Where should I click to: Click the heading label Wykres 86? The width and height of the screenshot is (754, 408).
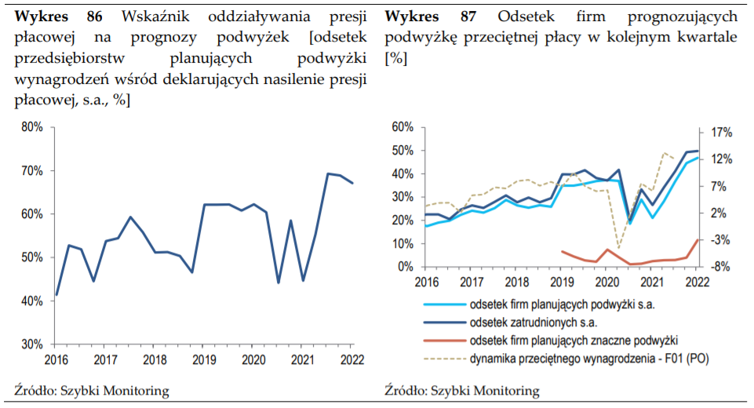pos(58,16)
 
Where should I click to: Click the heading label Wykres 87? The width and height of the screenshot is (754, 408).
pos(428,16)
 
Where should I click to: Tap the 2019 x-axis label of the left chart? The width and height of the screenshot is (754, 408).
pos(203,359)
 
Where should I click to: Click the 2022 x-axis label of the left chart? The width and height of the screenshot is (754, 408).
pos(352,359)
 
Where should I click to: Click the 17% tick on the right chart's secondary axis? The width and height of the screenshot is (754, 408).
pos(722,132)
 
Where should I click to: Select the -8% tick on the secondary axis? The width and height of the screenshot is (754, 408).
pos(722,267)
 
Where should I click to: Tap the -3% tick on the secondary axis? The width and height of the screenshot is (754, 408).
pos(722,240)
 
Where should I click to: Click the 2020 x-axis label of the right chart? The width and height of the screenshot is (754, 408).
pos(606,282)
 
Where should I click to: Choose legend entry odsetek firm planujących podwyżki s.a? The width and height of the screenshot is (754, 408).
pos(562,304)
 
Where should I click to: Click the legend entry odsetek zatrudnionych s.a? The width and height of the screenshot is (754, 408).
pos(534,322)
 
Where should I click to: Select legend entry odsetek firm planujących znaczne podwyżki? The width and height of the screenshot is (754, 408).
pos(573,341)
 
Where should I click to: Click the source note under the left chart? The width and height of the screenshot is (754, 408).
pos(93,390)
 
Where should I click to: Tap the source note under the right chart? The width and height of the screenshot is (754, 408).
pos(462,390)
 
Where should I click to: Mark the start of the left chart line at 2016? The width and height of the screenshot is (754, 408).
pos(56,295)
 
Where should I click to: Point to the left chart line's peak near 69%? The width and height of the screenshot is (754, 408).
pos(328,173)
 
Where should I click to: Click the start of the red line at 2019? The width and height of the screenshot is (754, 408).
pos(562,251)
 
